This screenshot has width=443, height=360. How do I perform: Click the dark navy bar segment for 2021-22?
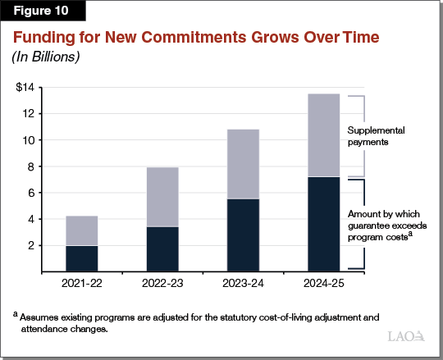pyautogui.click(x=82, y=258)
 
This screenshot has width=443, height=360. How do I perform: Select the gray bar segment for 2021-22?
pyautogui.click(x=82, y=230)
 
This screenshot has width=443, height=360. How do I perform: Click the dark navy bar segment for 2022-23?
pyautogui.click(x=162, y=248)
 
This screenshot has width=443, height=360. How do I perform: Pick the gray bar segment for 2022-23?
pyautogui.click(x=162, y=197)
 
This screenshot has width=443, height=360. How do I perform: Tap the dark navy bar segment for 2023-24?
pyautogui.click(x=243, y=235)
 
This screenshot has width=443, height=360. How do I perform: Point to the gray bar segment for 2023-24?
pyautogui.click(x=243, y=164)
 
